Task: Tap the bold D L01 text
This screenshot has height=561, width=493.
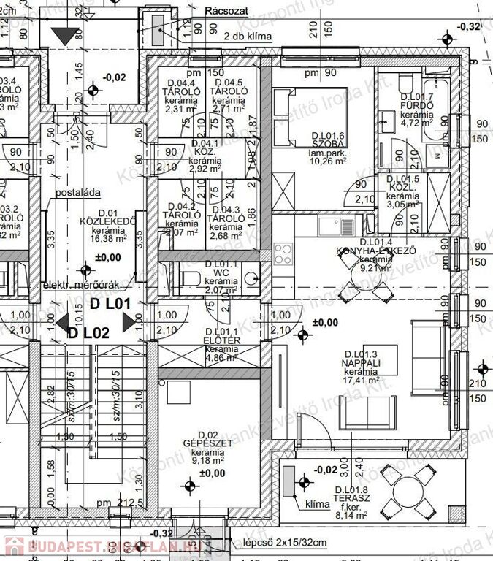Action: [110, 302]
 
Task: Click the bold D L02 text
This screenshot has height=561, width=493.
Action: [88, 332]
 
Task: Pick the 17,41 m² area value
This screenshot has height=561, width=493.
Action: [363, 380]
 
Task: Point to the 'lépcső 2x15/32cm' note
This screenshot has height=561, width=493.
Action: [286, 542]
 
